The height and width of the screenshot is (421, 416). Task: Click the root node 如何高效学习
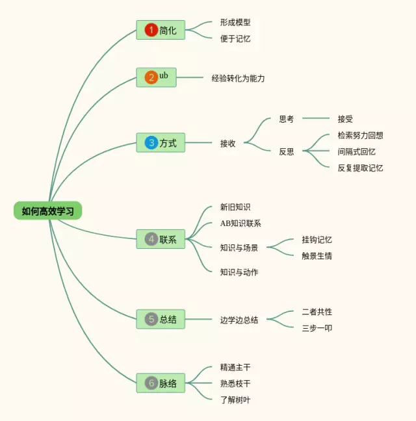pos(47,210)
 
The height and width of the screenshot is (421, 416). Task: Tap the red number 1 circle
pos(151,30)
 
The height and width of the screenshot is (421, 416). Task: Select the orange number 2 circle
pos(151,78)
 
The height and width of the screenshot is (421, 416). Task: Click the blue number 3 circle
pos(151,142)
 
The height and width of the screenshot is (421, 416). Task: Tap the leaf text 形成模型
pos(235,22)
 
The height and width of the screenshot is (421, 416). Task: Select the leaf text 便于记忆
pos(235,38)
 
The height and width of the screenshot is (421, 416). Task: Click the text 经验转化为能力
pos(239,78)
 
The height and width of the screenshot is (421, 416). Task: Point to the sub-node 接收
pos(227,143)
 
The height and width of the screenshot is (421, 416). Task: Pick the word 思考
pos(287,119)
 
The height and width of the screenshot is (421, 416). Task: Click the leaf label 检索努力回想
pos(360,136)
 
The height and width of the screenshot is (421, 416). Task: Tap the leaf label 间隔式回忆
pos(356,152)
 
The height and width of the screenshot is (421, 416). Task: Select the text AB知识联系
pos(240,223)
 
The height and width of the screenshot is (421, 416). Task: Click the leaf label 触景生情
pos(317,256)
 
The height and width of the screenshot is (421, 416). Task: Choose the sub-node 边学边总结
pos(239,320)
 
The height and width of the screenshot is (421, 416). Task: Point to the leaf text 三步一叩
pos(317,328)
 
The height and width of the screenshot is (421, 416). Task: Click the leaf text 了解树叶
pos(235,400)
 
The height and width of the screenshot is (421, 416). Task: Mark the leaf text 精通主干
pos(235,368)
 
